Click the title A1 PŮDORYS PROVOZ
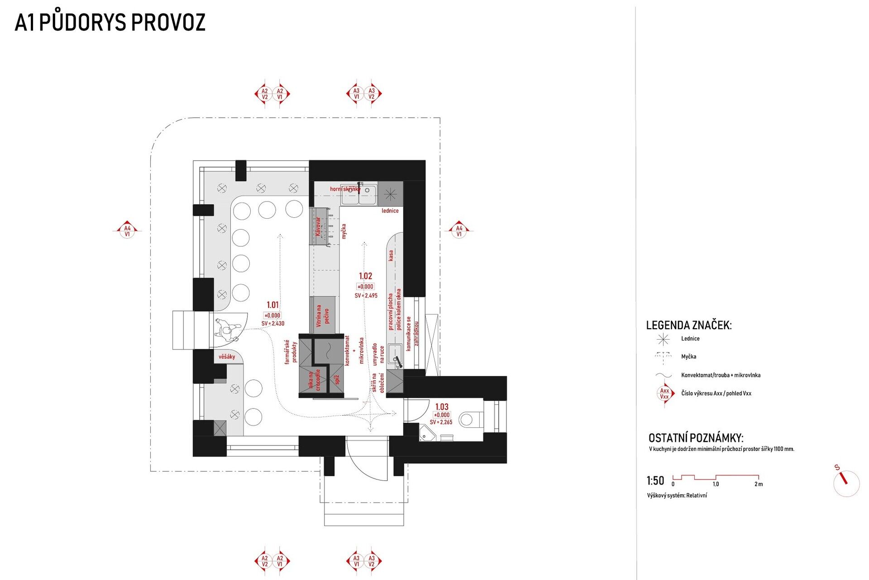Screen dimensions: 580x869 click(110, 23)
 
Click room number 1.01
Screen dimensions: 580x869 click(272, 305)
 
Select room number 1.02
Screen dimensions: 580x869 click(365, 276)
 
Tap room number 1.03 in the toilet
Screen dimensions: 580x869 click(441, 407)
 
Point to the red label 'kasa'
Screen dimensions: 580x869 click(391, 256)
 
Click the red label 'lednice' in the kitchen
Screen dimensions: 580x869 click(390, 211)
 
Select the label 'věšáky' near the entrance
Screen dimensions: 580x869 click(227, 357)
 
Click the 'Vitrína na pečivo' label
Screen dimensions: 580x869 click(323, 316)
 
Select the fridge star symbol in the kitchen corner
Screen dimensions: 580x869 click(390, 194)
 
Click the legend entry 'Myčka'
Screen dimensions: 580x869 click(688, 357)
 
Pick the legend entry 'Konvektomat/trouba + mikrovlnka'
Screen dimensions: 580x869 click(721, 375)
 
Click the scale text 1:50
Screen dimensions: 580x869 click(655, 481)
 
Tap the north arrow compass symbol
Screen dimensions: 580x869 click(845, 483)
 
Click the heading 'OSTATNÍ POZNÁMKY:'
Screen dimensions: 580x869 click(695, 438)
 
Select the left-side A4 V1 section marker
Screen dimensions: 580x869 click(127, 231)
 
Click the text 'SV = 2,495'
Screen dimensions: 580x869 click(366, 296)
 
